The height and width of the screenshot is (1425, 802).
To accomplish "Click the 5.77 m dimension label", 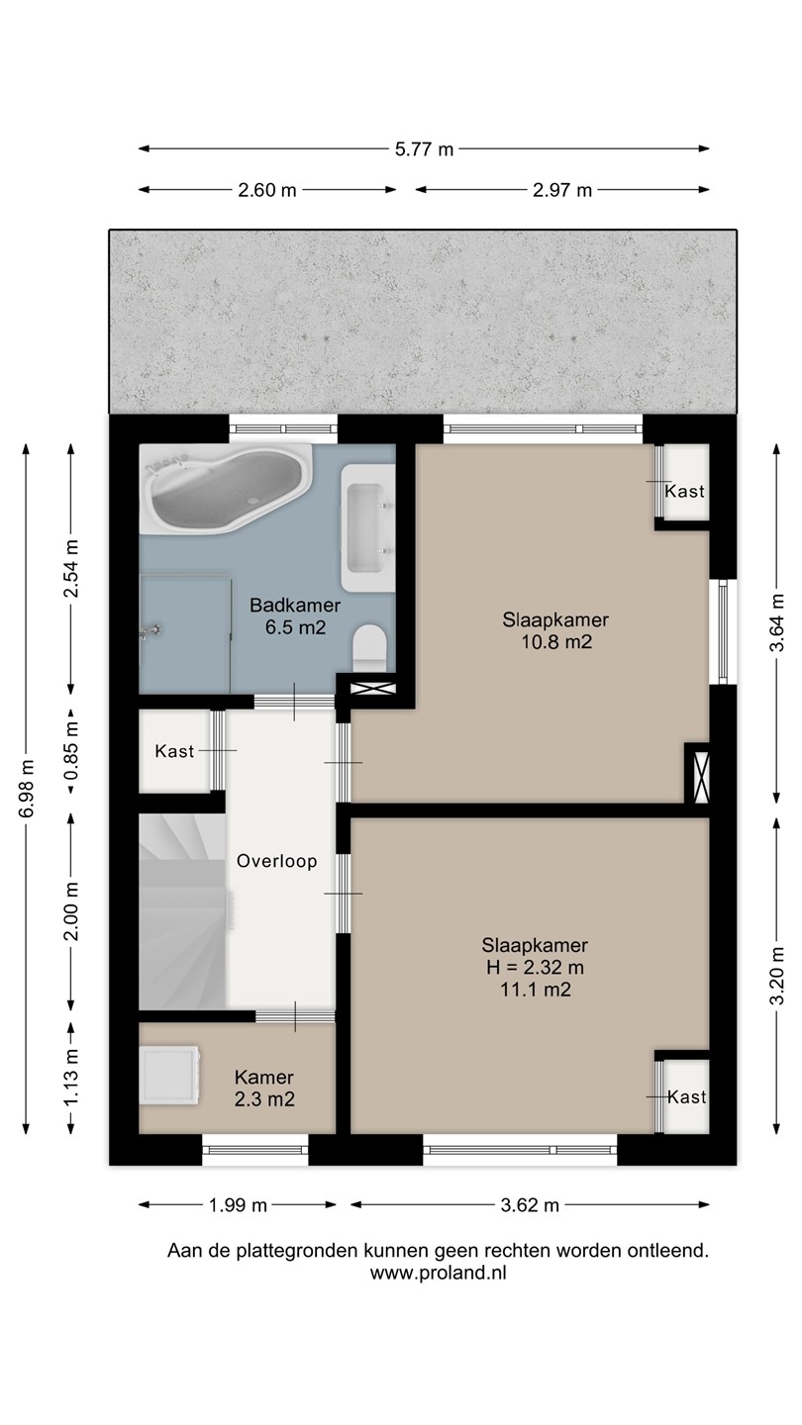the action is tap(424, 149).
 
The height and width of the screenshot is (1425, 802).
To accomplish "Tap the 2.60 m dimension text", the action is tap(267, 190).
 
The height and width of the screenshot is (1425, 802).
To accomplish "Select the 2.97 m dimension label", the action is tap(562, 190).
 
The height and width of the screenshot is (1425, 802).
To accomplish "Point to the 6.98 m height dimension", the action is tap(26, 789).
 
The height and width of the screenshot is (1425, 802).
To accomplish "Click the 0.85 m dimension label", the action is tap(72, 751).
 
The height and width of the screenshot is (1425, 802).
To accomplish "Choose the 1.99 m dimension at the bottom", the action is tap(238, 1205).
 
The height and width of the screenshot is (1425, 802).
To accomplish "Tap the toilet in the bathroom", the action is tap(369, 647).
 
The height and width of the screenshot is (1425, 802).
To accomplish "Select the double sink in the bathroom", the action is tap(367, 528).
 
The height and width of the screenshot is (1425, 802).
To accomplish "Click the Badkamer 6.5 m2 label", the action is tap(295, 616).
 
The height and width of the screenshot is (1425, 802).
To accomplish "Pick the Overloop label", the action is tap(277, 861).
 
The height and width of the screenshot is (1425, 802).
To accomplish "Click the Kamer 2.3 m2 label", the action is tap(264, 1088).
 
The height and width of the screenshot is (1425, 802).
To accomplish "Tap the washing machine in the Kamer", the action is tap(170, 1075).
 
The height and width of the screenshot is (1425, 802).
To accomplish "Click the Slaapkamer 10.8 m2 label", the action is tap(556, 630).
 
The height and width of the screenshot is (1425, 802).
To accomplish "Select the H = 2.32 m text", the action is tap(536, 968).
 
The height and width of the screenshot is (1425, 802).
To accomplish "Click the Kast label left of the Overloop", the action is tap(174, 751).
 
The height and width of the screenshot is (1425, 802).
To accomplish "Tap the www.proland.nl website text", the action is tap(438, 1273).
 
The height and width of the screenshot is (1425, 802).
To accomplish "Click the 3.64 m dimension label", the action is tap(776, 623).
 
